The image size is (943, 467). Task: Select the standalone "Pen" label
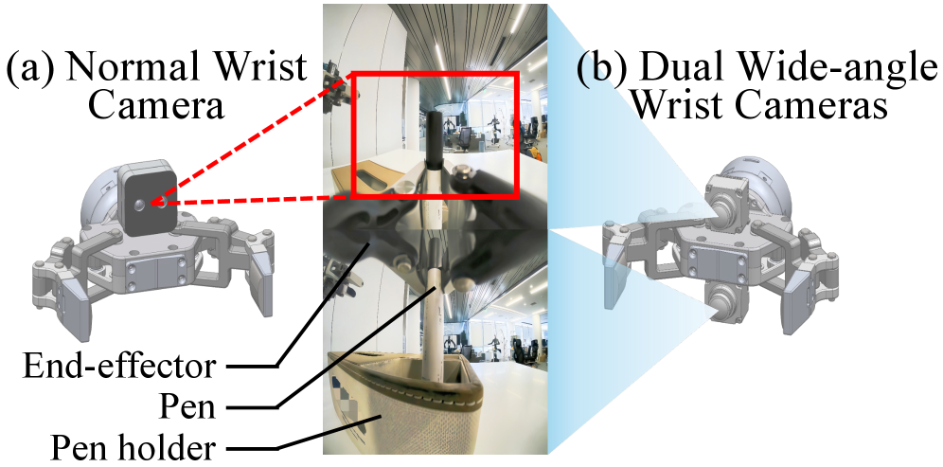187,405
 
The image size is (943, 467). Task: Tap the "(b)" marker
607,69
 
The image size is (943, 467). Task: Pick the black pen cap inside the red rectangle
434,138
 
